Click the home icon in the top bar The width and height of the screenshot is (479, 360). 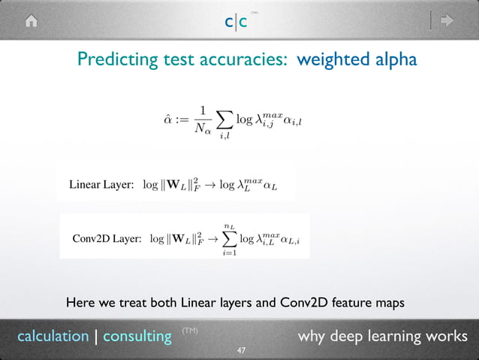point(31,22)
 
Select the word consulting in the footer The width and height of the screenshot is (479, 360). point(137,336)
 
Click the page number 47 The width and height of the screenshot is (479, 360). point(241,351)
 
